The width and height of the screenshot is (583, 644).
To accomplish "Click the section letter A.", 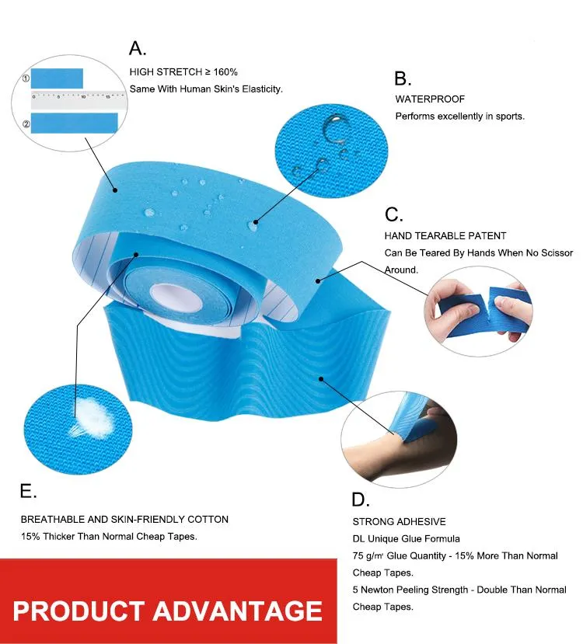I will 138,48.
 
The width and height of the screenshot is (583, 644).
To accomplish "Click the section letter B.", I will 402,78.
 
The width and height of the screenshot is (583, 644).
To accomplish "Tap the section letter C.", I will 394,214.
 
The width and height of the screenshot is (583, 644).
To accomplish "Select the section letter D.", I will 361,499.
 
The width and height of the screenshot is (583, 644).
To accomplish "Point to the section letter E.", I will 28,491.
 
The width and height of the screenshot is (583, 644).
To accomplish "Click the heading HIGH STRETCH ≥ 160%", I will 183,71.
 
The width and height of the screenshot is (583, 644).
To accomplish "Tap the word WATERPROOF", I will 430,99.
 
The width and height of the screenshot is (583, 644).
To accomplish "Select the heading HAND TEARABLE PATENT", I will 445,235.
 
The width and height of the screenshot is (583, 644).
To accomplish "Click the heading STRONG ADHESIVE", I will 399,522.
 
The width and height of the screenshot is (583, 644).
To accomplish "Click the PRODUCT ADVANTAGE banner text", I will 167,610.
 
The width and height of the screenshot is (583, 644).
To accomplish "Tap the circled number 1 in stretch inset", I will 26,78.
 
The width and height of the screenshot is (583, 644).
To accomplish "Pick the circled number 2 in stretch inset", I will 26,124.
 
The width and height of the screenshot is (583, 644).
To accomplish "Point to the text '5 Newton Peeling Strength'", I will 414,590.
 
